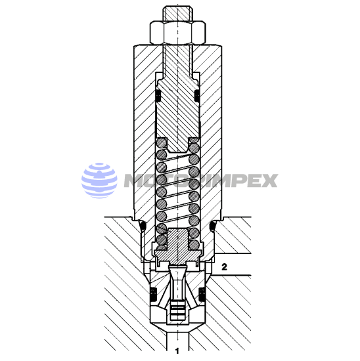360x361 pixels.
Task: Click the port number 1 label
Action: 177,351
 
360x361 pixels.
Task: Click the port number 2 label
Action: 224,267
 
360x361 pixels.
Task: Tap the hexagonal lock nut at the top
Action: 177,33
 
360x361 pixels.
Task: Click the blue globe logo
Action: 99,180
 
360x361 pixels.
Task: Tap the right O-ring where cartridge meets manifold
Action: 212,226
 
